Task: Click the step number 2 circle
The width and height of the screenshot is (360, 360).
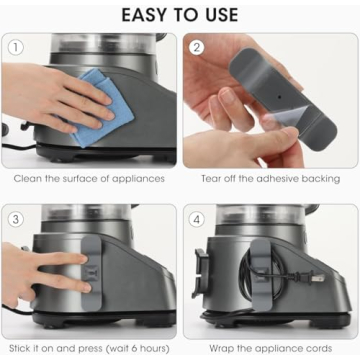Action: click(198, 47)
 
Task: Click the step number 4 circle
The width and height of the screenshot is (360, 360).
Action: click(198, 217)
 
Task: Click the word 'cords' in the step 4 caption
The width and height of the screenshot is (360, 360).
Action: click(321, 349)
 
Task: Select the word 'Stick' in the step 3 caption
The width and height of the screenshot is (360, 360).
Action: click(20, 349)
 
